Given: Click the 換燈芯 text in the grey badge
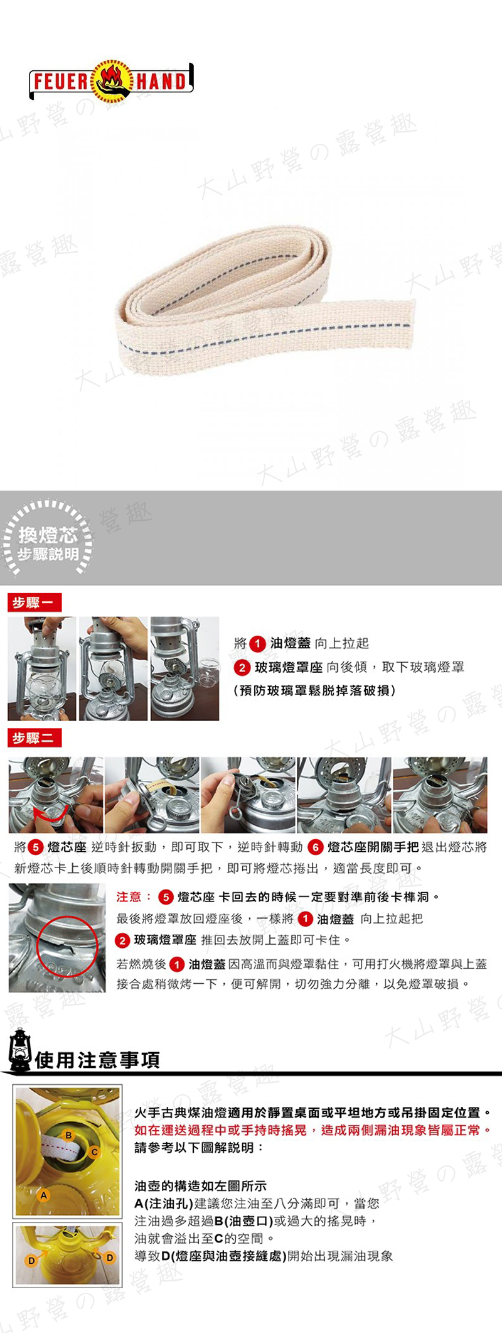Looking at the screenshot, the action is click(x=48, y=535).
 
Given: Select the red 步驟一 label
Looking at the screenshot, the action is click(x=35, y=603).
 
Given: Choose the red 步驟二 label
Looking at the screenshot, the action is click(x=35, y=738).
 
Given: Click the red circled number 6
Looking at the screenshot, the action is click(x=315, y=847).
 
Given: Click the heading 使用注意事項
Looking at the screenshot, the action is click(x=98, y=1060).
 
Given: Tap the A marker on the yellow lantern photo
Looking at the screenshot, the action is click(x=43, y=1195).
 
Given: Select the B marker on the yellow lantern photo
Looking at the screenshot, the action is click(x=69, y=1135).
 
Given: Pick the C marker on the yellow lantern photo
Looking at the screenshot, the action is click(x=94, y=1152).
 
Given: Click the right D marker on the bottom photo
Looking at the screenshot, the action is click(x=110, y=1258).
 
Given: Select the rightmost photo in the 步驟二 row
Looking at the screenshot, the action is click(x=440, y=795).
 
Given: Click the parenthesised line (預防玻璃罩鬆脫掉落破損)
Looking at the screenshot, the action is click(x=314, y=691).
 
